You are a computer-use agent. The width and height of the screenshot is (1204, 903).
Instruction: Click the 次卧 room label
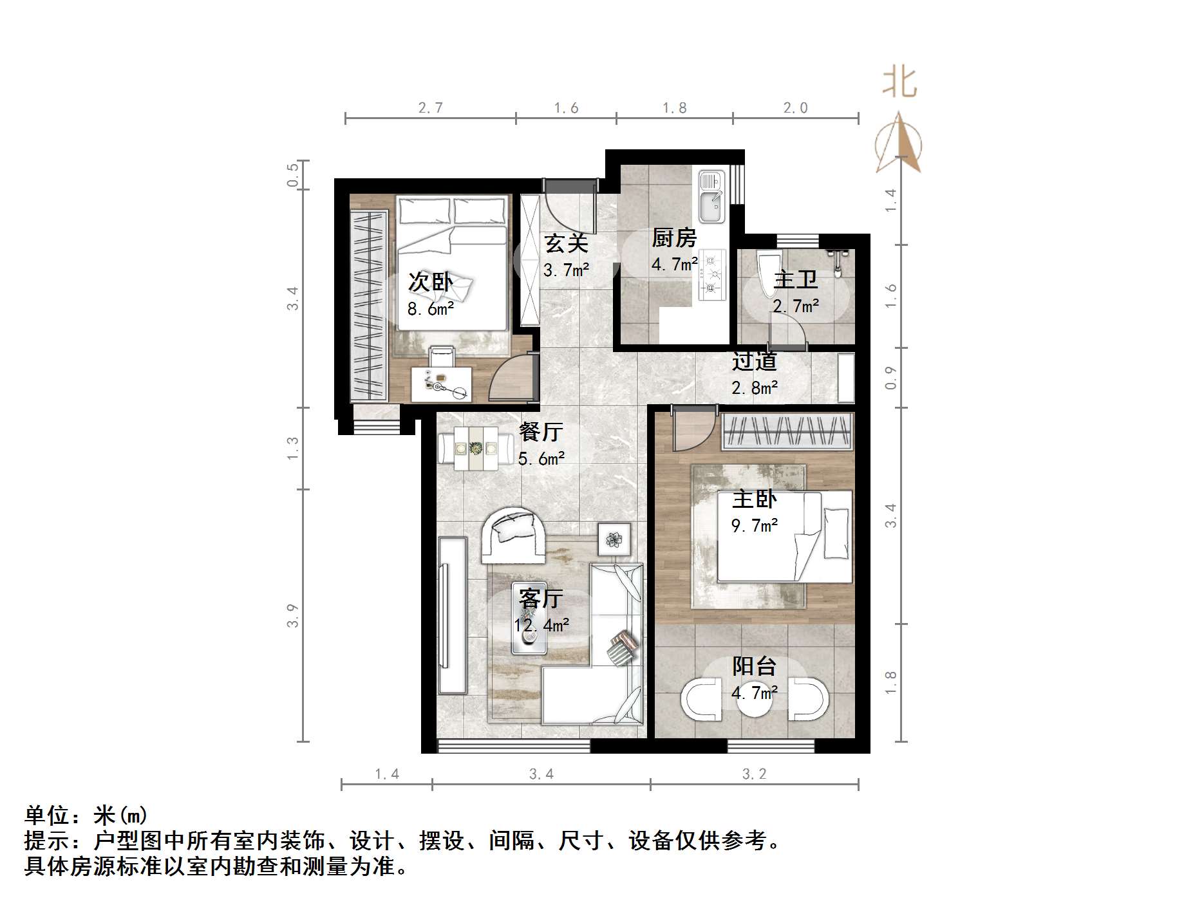point(430,282)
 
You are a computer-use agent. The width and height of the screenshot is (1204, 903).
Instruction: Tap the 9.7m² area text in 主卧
point(755,526)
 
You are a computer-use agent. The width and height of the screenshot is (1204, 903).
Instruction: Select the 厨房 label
point(674,237)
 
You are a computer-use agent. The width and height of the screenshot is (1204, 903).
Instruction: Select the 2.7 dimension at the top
point(430,108)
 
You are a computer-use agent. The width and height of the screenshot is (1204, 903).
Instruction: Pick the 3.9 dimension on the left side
point(293,615)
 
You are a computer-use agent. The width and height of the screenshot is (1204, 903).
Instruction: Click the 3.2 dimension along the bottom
point(754,774)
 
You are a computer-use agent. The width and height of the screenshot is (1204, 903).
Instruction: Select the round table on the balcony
point(755,702)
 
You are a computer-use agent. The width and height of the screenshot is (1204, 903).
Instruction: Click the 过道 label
point(754,362)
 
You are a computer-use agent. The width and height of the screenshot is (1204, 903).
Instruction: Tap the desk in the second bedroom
point(441,384)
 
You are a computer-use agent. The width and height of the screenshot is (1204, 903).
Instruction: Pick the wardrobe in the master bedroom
point(788,431)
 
